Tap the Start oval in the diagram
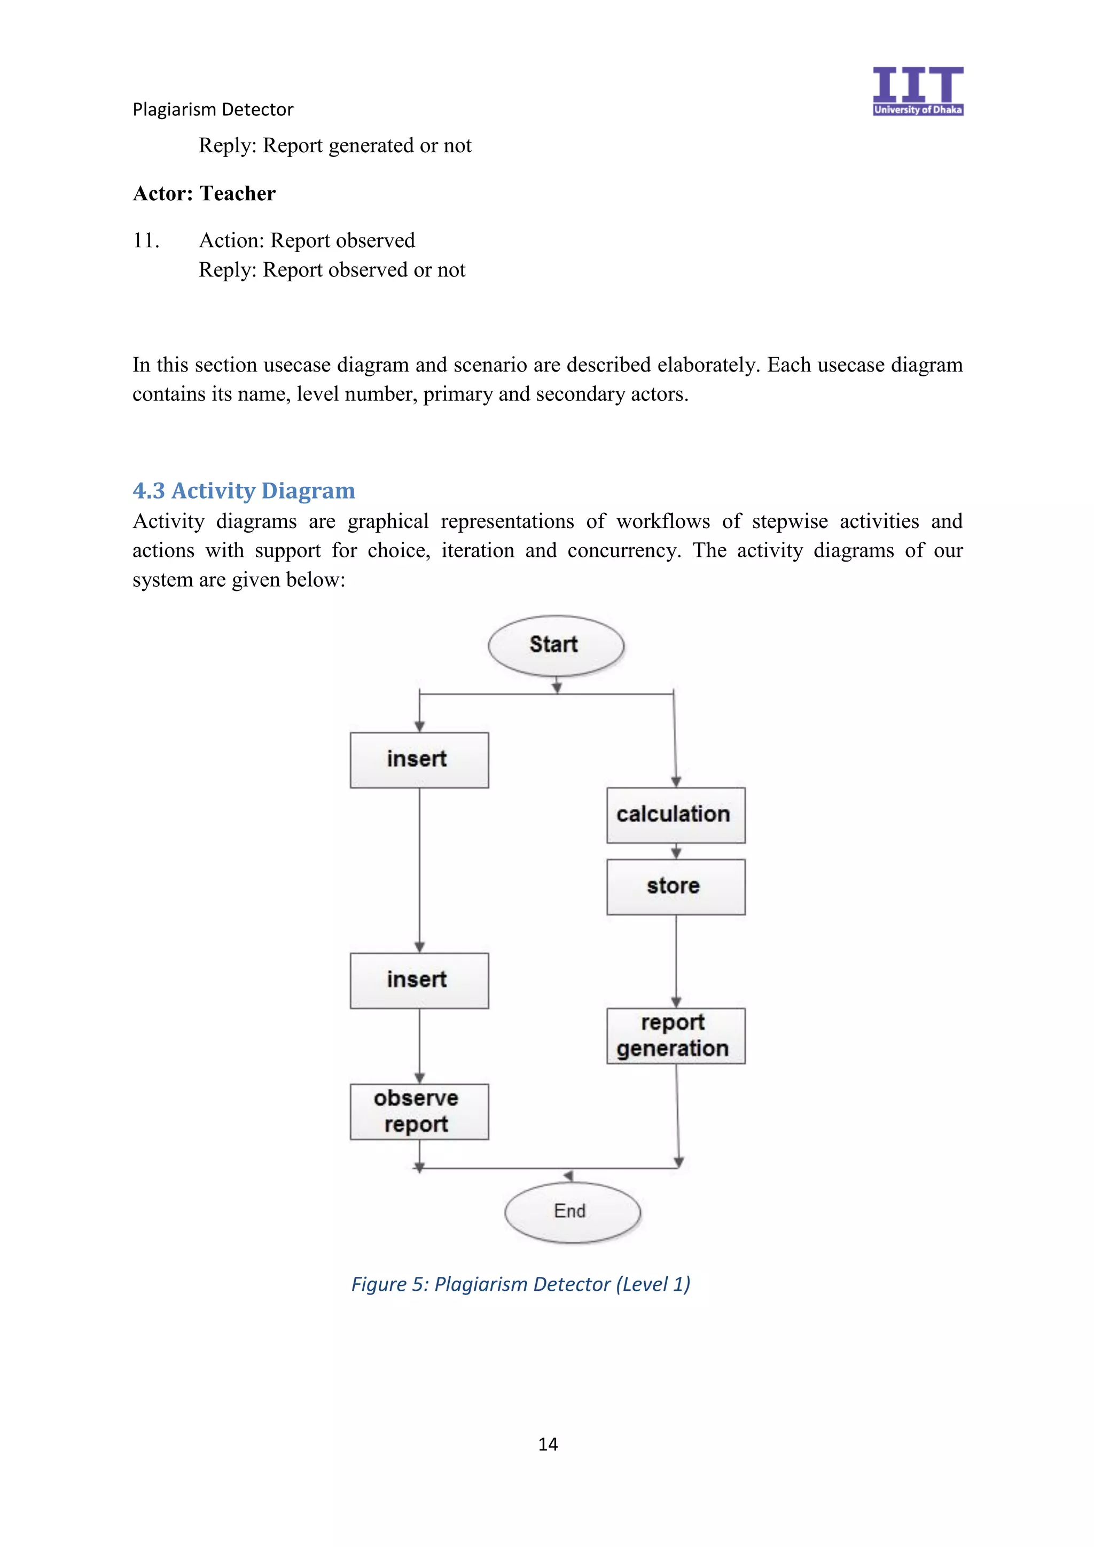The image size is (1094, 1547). (x=556, y=645)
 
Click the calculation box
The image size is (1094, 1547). (x=675, y=815)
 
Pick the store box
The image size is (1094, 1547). (x=675, y=886)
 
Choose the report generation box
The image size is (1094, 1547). (x=675, y=1036)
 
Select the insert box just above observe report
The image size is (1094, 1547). (x=419, y=980)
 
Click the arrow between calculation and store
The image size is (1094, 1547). (x=676, y=851)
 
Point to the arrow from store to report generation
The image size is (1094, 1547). (x=676, y=960)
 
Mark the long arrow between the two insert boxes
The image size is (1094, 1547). (x=419, y=869)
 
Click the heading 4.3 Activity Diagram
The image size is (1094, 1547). (x=244, y=491)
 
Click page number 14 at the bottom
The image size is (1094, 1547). (x=548, y=1444)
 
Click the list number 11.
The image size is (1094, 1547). (x=146, y=241)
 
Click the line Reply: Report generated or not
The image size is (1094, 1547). (x=334, y=146)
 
